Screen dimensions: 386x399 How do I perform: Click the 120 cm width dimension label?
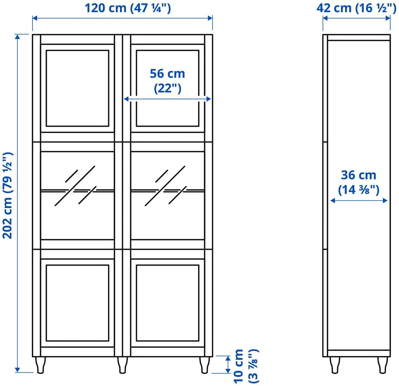click(x=128, y=8)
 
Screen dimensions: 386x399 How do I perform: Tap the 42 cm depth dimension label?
click(x=356, y=8)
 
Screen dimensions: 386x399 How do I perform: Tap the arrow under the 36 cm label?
click(x=359, y=201)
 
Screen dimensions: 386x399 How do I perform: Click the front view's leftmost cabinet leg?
click(x=40, y=365)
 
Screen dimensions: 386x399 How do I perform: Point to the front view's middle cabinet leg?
click(x=122, y=365)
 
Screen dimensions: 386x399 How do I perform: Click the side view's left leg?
click(x=335, y=365)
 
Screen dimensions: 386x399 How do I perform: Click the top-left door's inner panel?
click(x=78, y=88)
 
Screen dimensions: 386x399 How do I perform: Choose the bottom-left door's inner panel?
click(x=78, y=303)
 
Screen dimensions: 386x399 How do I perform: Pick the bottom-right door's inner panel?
click(x=167, y=303)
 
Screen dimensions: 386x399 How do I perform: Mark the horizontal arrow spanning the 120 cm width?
click(x=122, y=18)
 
